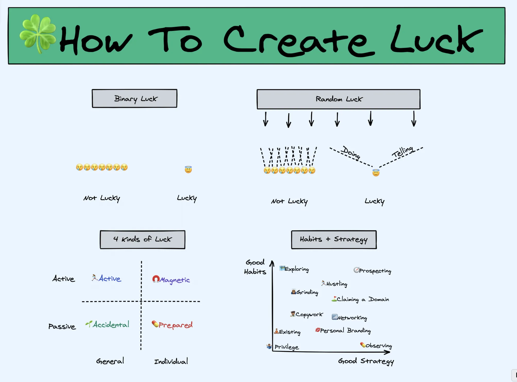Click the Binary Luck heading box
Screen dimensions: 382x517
click(x=135, y=98)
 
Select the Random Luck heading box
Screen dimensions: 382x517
click(x=338, y=99)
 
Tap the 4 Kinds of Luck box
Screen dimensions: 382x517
click(x=143, y=239)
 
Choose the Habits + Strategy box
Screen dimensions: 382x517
click(x=334, y=239)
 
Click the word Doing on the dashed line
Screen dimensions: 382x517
click(x=351, y=153)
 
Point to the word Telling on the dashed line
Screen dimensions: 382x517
click(x=403, y=152)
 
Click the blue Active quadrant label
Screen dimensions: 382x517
click(x=110, y=279)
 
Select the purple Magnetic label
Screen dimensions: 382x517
click(x=175, y=280)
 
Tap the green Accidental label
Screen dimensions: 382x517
click(x=111, y=325)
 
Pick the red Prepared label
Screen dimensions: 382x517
click(x=176, y=325)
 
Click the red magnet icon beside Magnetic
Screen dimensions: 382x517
click(x=156, y=279)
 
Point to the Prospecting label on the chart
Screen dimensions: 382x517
click(x=375, y=271)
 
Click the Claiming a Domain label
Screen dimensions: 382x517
click(x=363, y=299)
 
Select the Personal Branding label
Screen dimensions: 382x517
click(x=345, y=330)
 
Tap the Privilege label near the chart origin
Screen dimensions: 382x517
click(x=287, y=347)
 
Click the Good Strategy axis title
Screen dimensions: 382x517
click(x=366, y=361)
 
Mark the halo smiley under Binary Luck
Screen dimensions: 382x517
click(x=188, y=169)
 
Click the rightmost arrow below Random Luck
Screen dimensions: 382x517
click(x=414, y=119)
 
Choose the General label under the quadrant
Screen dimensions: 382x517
click(x=110, y=361)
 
